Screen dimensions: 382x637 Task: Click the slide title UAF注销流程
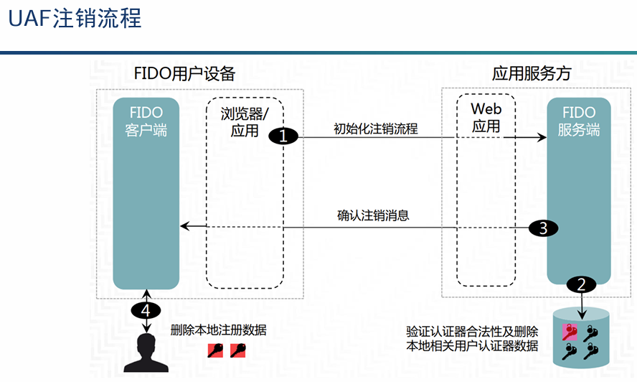point(75,19)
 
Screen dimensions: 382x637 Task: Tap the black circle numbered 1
point(283,136)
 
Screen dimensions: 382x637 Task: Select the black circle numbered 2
point(581,284)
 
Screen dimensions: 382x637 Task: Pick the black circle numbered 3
point(543,228)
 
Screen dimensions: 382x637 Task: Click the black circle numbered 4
point(146,310)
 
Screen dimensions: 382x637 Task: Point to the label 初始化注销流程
point(376,129)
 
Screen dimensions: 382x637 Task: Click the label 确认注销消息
point(373,215)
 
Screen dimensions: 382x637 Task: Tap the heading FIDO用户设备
point(184,74)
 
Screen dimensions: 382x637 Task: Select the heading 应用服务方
point(532,74)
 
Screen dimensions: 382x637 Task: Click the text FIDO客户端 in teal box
point(146,121)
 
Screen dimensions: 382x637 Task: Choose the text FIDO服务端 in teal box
point(579,121)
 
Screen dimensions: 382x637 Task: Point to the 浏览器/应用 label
point(245,122)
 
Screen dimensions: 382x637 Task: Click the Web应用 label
point(486,117)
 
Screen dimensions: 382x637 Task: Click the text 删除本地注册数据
point(218,331)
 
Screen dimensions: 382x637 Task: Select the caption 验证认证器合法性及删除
point(472,332)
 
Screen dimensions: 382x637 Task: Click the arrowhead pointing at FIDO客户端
point(184,226)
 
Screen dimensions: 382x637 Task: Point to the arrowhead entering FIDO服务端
point(542,137)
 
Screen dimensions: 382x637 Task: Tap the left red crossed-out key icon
point(215,350)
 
